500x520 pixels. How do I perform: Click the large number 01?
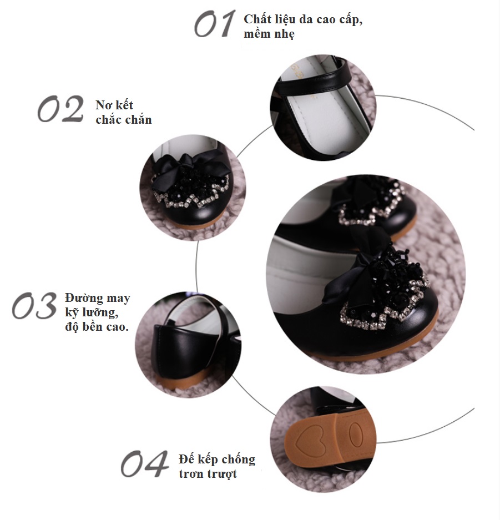[215, 23]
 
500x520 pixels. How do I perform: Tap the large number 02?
[60, 109]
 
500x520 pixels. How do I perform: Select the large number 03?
[34, 305]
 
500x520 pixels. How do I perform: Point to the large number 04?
[144, 463]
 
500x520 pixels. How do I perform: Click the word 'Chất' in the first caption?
[256, 19]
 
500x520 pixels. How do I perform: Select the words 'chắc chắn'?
[124, 119]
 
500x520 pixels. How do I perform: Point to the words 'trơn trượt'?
[208, 474]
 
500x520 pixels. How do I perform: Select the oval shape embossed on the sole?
[355, 435]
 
